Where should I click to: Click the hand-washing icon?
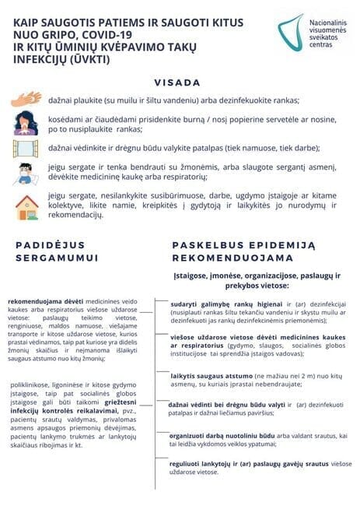[x=27, y=100]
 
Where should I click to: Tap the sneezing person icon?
[x=26, y=123]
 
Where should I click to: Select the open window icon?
[x=26, y=148]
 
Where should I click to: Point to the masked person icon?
[x=26, y=174]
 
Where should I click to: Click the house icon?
[x=26, y=206]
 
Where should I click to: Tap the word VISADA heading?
[x=177, y=82]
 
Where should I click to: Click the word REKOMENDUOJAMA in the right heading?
[x=232, y=258]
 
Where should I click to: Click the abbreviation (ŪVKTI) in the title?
[x=86, y=58]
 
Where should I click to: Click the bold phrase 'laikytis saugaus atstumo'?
[x=208, y=376]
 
